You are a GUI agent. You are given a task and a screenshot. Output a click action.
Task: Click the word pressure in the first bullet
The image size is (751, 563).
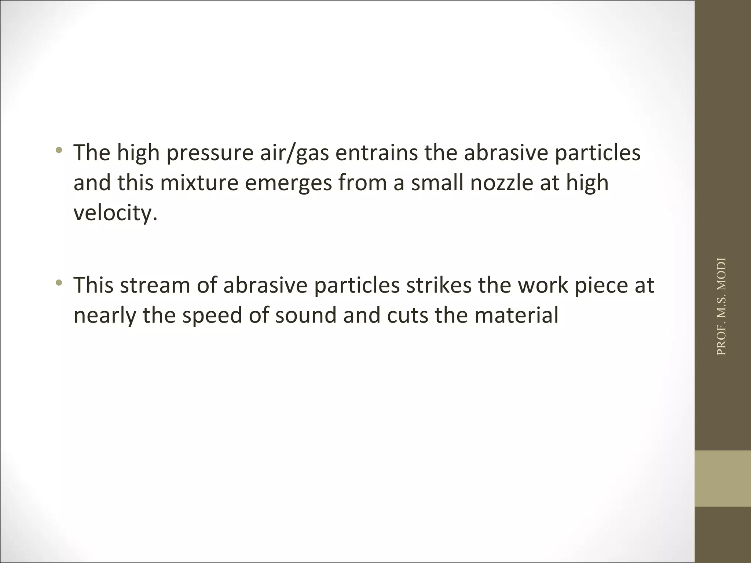210,153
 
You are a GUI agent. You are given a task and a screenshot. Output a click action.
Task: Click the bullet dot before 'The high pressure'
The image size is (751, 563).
59,150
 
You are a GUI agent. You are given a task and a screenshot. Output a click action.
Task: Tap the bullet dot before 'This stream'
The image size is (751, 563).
59,282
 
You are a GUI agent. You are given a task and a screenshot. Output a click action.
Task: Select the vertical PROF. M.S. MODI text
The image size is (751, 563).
721,306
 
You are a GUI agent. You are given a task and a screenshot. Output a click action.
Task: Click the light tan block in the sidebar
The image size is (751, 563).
722,478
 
